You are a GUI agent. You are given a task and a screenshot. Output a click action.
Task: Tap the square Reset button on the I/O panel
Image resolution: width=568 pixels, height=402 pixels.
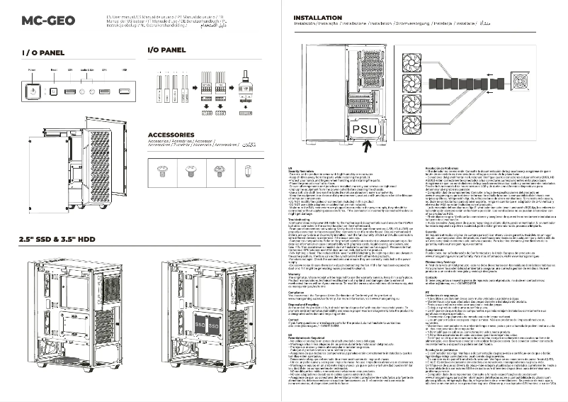[55, 91]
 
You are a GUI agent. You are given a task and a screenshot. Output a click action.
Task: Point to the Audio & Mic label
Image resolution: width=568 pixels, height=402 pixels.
[87, 71]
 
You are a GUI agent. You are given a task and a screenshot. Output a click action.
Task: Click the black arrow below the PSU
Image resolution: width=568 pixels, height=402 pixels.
[366, 147]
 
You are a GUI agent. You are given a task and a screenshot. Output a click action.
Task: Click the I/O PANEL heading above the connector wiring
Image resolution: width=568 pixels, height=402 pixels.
[166, 50]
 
